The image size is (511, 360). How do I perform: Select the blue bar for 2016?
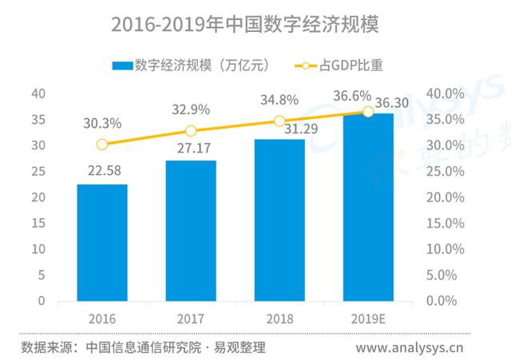tap(102, 243)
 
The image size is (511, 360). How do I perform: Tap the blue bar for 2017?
tap(191, 231)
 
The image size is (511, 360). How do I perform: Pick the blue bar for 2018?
tap(279, 220)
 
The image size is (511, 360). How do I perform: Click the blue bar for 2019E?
tap(368, 208)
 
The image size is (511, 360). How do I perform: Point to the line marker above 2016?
tap(102, 144)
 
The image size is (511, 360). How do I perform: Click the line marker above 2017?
tap(191, 131)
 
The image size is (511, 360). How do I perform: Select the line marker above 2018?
tap(279, 121)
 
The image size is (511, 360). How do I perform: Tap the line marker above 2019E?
tap(368, 112)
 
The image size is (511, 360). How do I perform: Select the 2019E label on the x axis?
tap(368, 318)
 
